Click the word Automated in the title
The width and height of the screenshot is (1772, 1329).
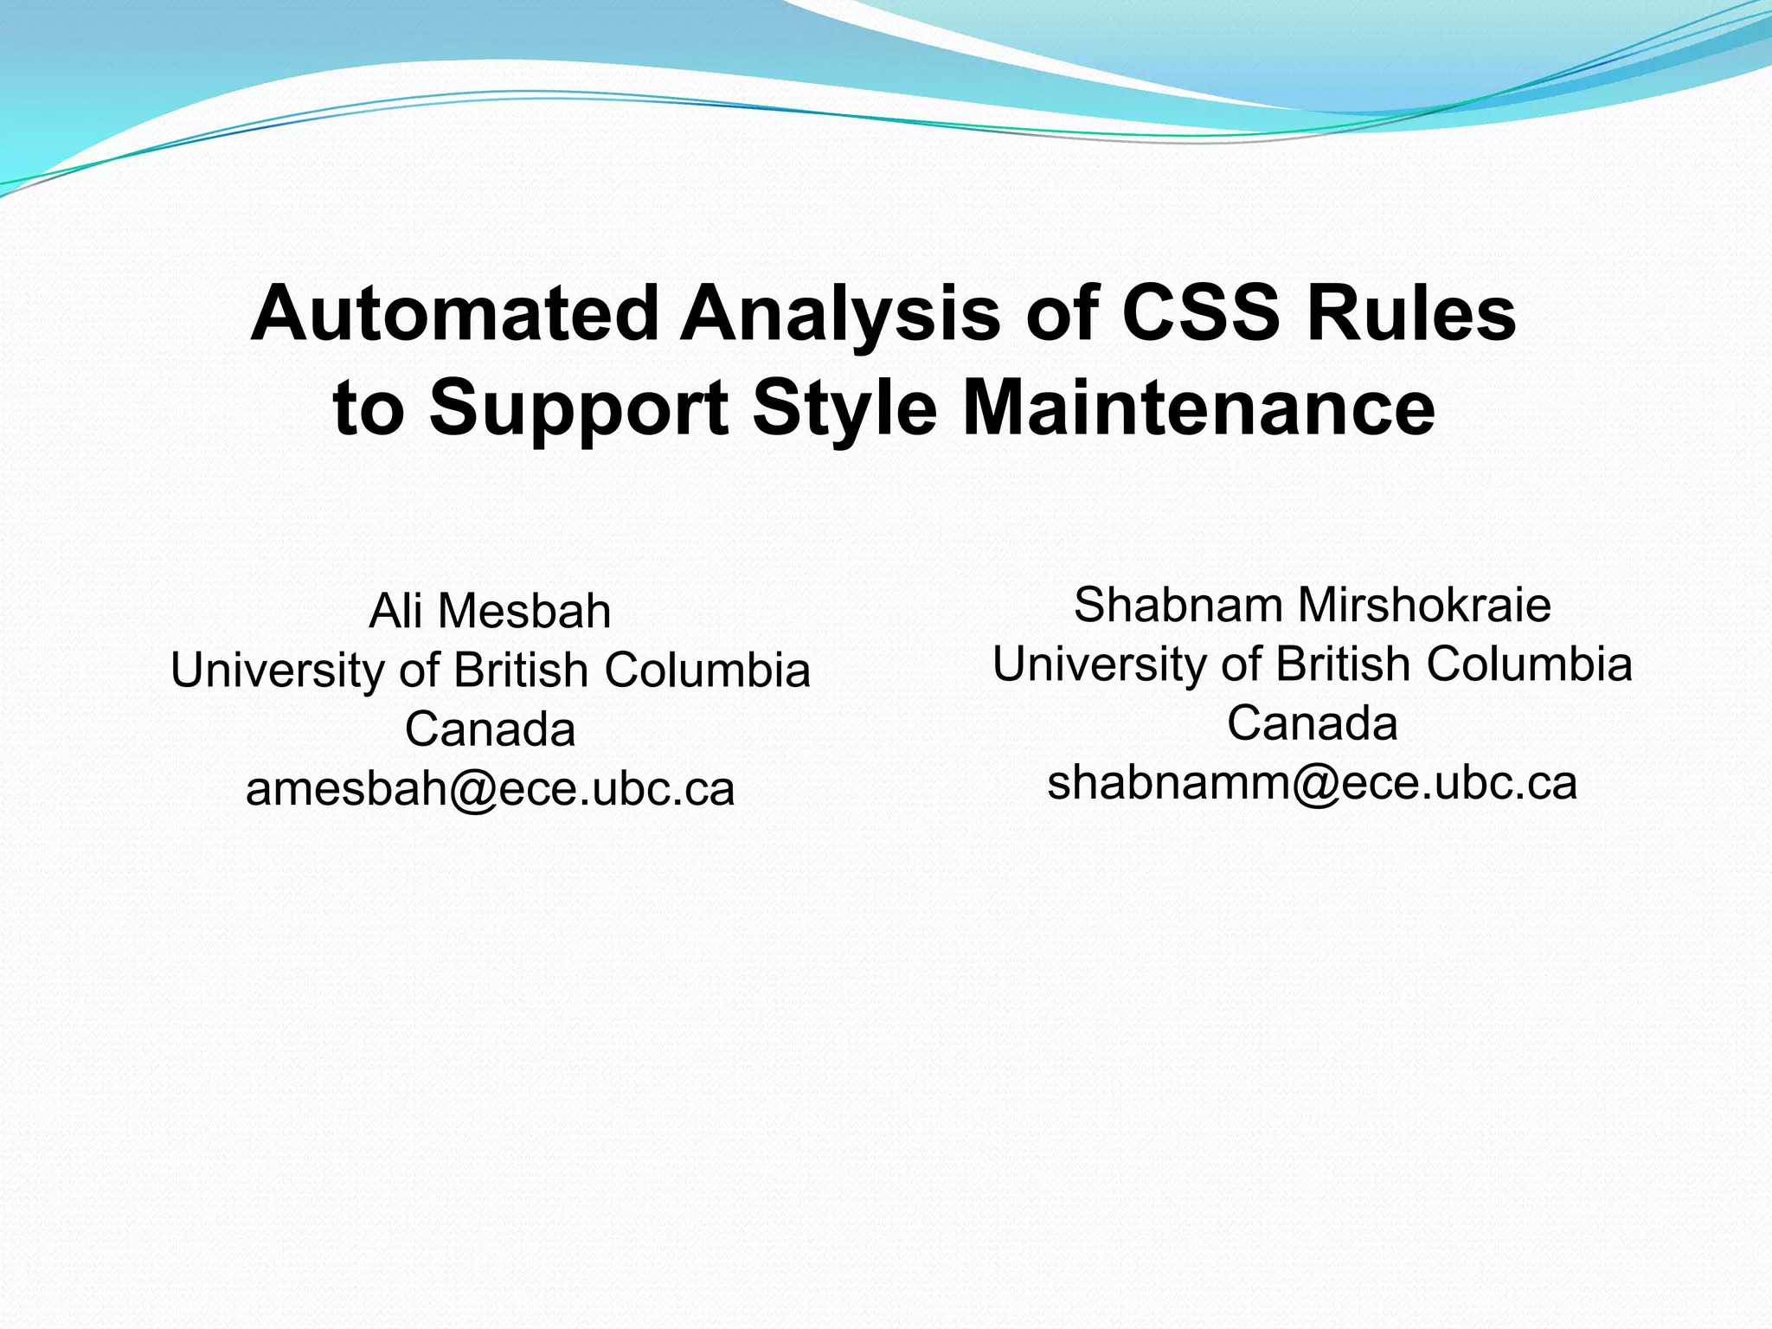pyautogui.click(x=454, y=313)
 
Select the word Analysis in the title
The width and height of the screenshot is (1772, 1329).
pyautogui.click(x=840, y=313)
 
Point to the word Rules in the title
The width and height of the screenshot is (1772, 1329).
pyautogui.click(x=1411, y=313)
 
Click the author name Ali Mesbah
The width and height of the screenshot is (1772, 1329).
pyautogui.click(x=490, y=611)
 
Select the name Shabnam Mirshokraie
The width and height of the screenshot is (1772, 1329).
pyautogui.click(x=1312, y=605)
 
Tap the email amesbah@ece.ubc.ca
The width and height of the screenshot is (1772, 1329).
pyautogui.click(x=490, y=788)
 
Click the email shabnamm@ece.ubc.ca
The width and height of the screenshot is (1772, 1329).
pyautogui.click(x=1312, y=782)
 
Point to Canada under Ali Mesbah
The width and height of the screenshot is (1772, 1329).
pyautogui.click(x=490, y=729)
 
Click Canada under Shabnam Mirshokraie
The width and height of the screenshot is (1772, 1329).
pyautogui.click(x=1312, y=723)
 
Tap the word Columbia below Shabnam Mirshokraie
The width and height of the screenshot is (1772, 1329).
pyautogui.click(x=1529, y=664)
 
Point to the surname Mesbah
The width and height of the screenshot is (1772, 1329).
pyautogui.click(x=524, y=611)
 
